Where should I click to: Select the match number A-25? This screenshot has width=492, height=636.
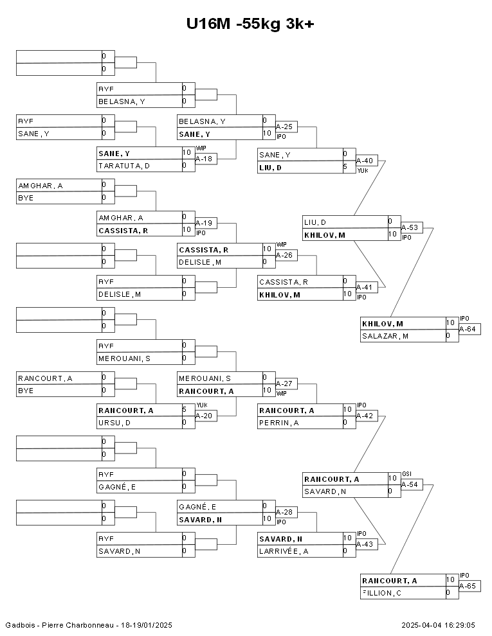click(x=284, y=127)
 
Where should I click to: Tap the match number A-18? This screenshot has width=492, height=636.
click(x=203, y=159)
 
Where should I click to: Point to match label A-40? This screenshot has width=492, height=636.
click(x=364, y=161)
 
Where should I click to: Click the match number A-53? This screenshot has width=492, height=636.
click(x=409, y=227)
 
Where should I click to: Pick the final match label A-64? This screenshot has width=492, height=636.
click(x=467, y=330)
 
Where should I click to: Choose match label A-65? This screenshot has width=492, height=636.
click(x=467, y=586)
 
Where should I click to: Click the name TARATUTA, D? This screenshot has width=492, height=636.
click(x=124, y=166)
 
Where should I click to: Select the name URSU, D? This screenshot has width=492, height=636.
click(x=114, y=423)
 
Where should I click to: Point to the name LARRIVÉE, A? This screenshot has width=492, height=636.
click(x=284, y=551)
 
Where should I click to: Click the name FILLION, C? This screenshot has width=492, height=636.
click(x=382, y=593)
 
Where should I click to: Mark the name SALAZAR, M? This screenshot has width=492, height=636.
click(x=385, y=336)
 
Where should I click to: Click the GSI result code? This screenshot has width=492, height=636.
click(x=406, y=473)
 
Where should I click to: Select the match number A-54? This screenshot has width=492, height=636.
click(x=409, y=484)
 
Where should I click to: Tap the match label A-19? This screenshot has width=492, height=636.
click(x=203, y=223)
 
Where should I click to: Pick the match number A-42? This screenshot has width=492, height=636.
click(x=364, y=416)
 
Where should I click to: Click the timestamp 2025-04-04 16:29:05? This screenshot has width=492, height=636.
click(x=438, y=624)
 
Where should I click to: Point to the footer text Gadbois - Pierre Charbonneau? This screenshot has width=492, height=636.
click(x=57, y=624)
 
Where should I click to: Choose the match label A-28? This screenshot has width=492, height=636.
click(x=284, y=512)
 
